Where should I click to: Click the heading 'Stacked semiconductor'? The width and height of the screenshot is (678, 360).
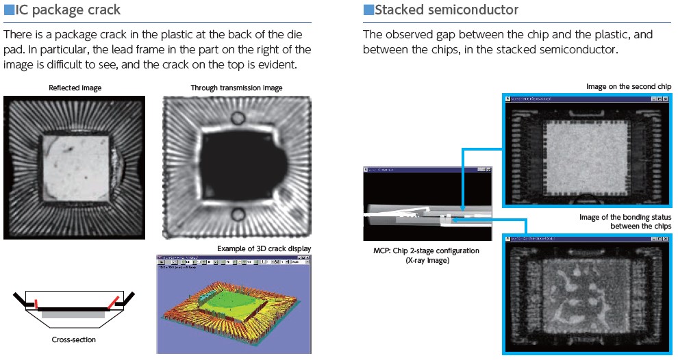point(447,10)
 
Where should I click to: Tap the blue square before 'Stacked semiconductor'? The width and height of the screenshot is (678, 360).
point(368,10)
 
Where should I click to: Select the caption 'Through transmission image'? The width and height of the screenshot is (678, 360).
point(236,88)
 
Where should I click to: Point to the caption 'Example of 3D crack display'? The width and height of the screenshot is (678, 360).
point(264,248)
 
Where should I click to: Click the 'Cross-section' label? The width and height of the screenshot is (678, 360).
point(73,339)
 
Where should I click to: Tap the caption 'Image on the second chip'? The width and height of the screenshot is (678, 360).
point(629,86)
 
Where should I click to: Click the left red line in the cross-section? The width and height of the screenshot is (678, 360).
point(37,301)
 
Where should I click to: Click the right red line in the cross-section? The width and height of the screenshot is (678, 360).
point(110,302)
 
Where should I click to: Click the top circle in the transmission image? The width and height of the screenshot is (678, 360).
point(237,118)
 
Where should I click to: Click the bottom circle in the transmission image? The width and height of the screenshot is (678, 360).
point(237,211)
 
